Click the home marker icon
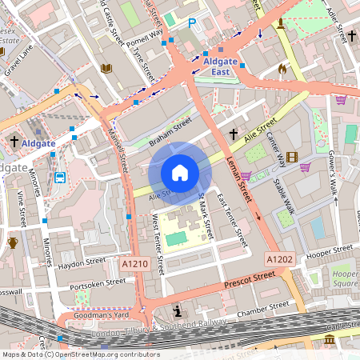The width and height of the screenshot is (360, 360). click(x=180, y=172)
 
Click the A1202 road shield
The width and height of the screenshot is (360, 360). click(x=279, y=258)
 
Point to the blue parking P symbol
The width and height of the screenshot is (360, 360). click(x=191, y=24)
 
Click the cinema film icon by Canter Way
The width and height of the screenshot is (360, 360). click(x=291, y=157)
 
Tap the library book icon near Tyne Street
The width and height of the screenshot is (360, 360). click(x=106, y=69)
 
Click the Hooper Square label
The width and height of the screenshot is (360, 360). click(x=345, y=278)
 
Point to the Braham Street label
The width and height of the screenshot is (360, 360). click(x=170, y=133)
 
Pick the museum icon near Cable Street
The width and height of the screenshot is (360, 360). click(x=330, y=341)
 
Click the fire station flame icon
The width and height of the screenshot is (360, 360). click(x=282, y=70)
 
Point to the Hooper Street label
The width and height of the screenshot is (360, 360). click(x=330, y=250)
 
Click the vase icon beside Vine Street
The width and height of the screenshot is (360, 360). click(x=13, y=243)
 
